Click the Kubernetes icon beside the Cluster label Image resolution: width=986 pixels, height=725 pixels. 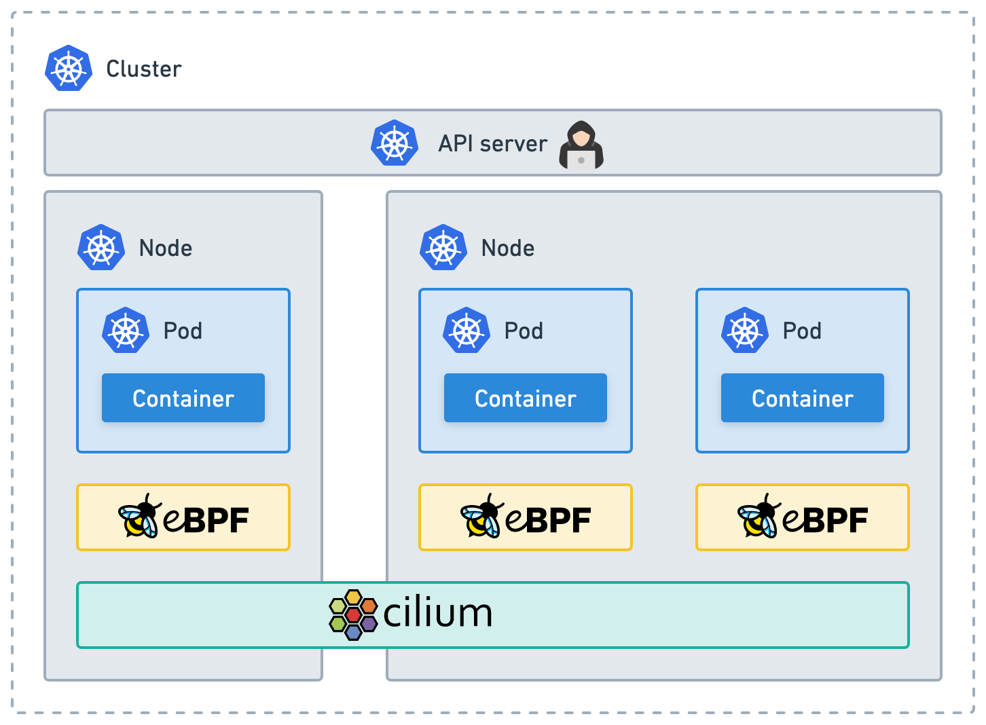pyautogui.click(x=69, y=68)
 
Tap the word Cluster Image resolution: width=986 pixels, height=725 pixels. pyautogui.click(x=144, y=69)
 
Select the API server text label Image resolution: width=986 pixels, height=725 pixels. pyautogui.click(x=493, y=144)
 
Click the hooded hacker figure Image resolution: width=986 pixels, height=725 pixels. pyautogui.click(x=581, y=145)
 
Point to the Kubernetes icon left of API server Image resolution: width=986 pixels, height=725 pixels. pyautogui.click(x=395, y=143)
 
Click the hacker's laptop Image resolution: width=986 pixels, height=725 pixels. pyautogui.click(x=581, y=160)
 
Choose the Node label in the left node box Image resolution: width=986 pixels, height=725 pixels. pyautogui.click(x=166, y=248)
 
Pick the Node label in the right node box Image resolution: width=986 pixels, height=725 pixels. pyautogui.click(x=508, y=248)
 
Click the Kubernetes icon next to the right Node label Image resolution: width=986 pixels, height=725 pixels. pyautogui.click(x=443, y=247)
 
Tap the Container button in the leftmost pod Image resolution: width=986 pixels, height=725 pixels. pyautogui.click(x=183, y=398)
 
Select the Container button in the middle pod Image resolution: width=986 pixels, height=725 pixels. pyautogui.click(x=526, y=398)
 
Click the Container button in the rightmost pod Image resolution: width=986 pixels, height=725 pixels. pyautogui.click(x=803, y=398)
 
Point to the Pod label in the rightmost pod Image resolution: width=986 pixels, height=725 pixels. pyautogui.click(x=802, y=331)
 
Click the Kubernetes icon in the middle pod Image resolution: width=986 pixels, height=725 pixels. pyautogui.click(x=467, y=330)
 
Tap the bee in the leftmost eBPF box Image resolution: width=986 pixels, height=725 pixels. pyautogui.click(x=139, y=516)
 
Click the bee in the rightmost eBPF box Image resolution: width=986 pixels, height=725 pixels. pyautogui.click(x=759, y=516)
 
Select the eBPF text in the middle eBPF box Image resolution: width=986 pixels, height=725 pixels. pyautogui.click(x=548, y=520)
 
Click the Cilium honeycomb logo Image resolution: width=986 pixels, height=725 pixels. pyautogui.click(x=354, y=615)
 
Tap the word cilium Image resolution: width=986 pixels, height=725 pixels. pyautogui.click(x=437, y=612)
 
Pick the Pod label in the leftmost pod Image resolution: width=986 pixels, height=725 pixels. pyautogui.click(x=183, y=331)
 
